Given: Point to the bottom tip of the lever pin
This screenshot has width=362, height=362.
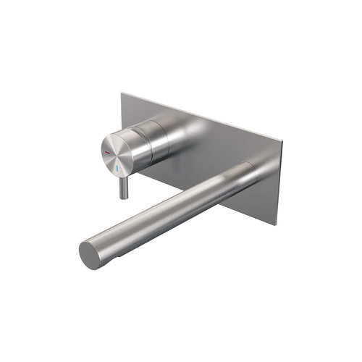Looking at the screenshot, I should [x=125, y=196].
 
